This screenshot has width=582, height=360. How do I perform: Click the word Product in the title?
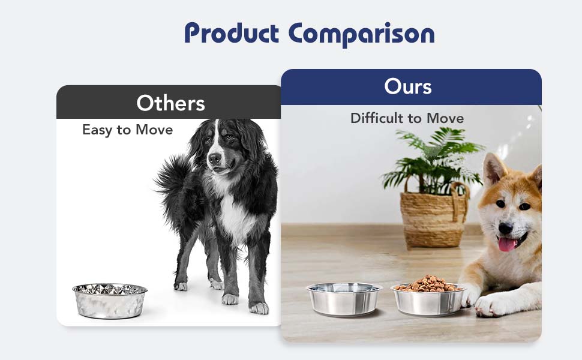pos(232,34)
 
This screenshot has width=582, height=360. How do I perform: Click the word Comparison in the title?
pos(361,34)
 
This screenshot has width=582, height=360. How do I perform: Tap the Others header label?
pos(170,103)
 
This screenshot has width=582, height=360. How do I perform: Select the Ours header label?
pos(408,87)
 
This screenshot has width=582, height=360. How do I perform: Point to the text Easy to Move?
pos(127,130)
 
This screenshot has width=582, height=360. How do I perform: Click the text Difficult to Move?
pos(407,118)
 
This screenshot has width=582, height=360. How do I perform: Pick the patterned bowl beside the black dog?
pos(110,300)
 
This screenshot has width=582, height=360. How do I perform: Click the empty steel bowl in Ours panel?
pos(344,299)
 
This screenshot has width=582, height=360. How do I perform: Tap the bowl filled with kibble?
pos(428,300)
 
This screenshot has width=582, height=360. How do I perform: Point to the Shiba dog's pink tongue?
pos(507,244)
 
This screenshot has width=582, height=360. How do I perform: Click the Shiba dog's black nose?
pos(505,229)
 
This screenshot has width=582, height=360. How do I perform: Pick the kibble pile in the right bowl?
pos(428,283)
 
